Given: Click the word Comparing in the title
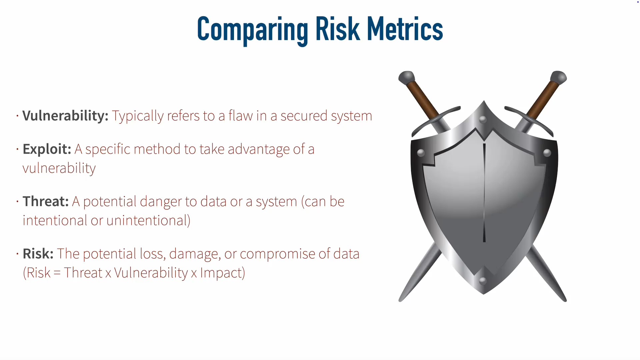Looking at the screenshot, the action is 253,30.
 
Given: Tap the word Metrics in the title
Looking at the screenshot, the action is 405,29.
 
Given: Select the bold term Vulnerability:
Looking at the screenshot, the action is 65,116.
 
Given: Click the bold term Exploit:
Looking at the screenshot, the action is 47,149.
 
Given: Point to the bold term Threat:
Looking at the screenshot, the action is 46,202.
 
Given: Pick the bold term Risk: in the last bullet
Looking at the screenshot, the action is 38,254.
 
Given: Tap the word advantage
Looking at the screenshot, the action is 259,150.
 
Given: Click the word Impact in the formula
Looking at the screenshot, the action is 221,273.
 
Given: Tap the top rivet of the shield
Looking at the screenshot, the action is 483,119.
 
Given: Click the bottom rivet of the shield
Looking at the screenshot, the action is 483,281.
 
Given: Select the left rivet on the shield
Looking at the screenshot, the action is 421,153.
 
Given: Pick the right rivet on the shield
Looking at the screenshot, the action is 547,153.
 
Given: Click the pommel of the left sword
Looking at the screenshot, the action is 406,78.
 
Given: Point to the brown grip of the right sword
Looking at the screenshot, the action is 543,100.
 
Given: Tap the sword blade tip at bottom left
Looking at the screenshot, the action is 400,300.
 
